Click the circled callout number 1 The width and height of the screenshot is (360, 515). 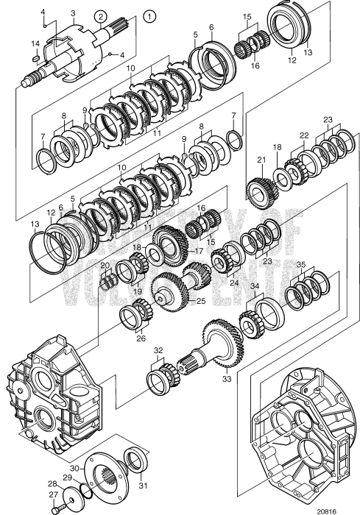pyautogui.click(x=149, y=14)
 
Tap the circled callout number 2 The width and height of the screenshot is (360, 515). pyautogui.click(x=101, y=16)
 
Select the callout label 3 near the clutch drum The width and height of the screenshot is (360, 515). pyautogui.click(x=73, y=13)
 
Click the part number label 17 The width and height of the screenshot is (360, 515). pyautogui.click(x=199, y=250)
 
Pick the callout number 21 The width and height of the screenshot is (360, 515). pyautogui.click(x=260, y=160)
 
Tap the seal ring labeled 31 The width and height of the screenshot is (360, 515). pyautogui.click(x=135, y=461)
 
